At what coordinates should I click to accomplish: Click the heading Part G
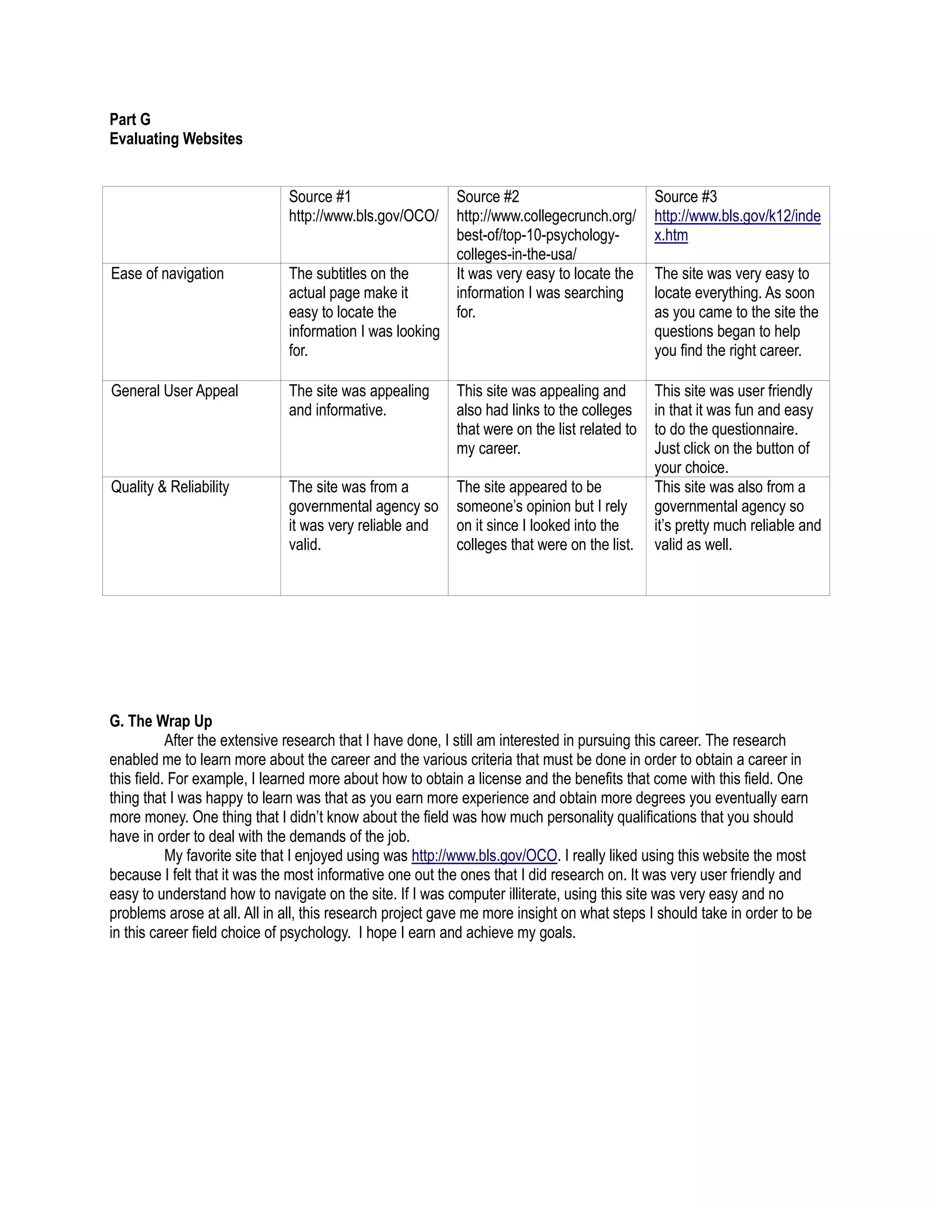pyautogui.click(x=130, y=120)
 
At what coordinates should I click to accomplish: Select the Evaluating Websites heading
pyautogui.click(x=175, y=139)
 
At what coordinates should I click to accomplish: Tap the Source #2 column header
pyautogui.click(x=488, y=197)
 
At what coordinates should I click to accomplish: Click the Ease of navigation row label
pyautogui.click(x=167, y=274)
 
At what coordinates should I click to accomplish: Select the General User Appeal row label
pyautogui.click(x=174, y=391)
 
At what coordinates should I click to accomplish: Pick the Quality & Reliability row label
pyautogui.click(x=170, y=487)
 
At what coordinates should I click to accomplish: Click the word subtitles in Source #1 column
pyautogui.click(x=347, y=274)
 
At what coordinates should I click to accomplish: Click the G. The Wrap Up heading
pyautogui.click(x=160, y=721)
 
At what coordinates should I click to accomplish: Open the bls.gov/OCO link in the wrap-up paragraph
pyautogui.click(x=484, y=856)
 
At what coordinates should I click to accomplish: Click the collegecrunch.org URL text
pyautogui.click(x=546, y=216)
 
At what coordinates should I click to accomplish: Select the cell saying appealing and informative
pyautogui.click(x=359, y=401)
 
